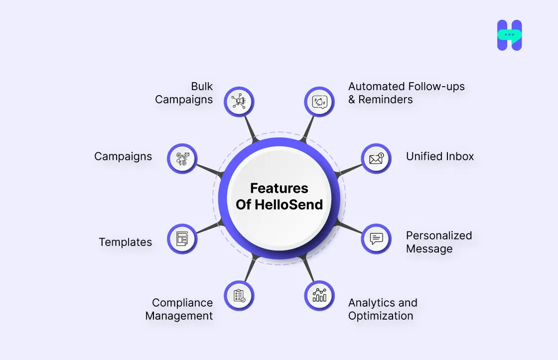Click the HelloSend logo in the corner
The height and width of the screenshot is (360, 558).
pyautogui.click(x=509, y=35)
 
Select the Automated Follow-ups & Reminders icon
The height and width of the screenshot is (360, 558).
pyautogui.click(x=319, y=102)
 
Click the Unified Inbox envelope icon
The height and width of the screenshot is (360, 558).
pyautogui.click(x=376, y=159)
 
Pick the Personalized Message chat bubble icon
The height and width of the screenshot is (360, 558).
pyautogui.click(x=376, y=239)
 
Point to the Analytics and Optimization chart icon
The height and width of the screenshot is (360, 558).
pyautogui.click(x=319, y=296)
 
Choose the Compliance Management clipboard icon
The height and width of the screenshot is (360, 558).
pyautogui.click(x=239, y=296)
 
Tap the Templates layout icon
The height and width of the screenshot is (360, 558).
pyautogui.click(x=182, y=239)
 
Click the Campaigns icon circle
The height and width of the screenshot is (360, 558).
pyautogui.click(x=182, y=159)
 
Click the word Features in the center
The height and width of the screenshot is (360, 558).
pyautogui.click(x=279, y=188)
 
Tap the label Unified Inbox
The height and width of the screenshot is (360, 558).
pyautogui.click(x=440, y=156)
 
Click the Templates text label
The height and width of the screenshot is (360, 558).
pyautogui.click(x=125, y=242)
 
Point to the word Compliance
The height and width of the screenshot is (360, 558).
pyautogui.click(x=182, y=303)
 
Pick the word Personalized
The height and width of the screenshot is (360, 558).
pyautogui.click(x=439, y=236)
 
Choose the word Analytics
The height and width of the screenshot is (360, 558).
pyautogui.click(x=368, y=303)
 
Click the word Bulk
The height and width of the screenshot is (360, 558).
pyautogui.click(x=202, y=87)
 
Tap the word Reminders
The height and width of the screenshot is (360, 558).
pyautogui.click(x=386, y=100)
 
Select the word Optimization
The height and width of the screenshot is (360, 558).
pyautogui.click(x=381, y=316)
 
